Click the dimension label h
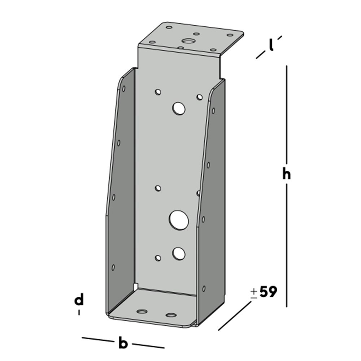coord(286,174)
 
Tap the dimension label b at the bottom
coord(123,343)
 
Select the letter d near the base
coord(79,300)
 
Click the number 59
coord(268,292)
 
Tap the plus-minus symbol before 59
coord(254,293)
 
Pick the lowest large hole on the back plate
coord(179,254)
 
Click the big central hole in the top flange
coord(188,41)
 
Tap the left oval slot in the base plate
coord(143,311)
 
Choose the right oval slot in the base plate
coord(171,315)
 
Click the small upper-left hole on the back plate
coord(158,92)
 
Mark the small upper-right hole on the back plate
coord(199,97)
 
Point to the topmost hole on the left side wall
coord(123,88)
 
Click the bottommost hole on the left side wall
coord(113,268)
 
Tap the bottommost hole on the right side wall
coord(204,288)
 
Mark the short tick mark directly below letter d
coord(79,313)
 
